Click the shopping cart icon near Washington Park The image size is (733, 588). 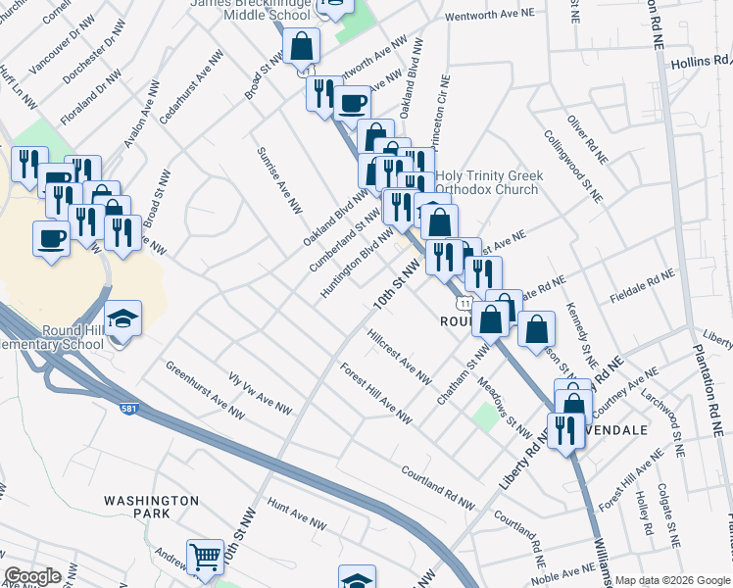click(206, 558)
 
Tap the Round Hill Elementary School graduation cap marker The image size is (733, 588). click(123, 319)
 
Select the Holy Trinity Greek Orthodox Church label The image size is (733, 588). click(488, 182)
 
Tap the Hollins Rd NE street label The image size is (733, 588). click(697, 62)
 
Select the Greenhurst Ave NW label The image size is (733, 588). click(204, 389)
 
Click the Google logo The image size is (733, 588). click(32, 576)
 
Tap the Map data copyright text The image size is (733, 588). click(672, 580)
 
